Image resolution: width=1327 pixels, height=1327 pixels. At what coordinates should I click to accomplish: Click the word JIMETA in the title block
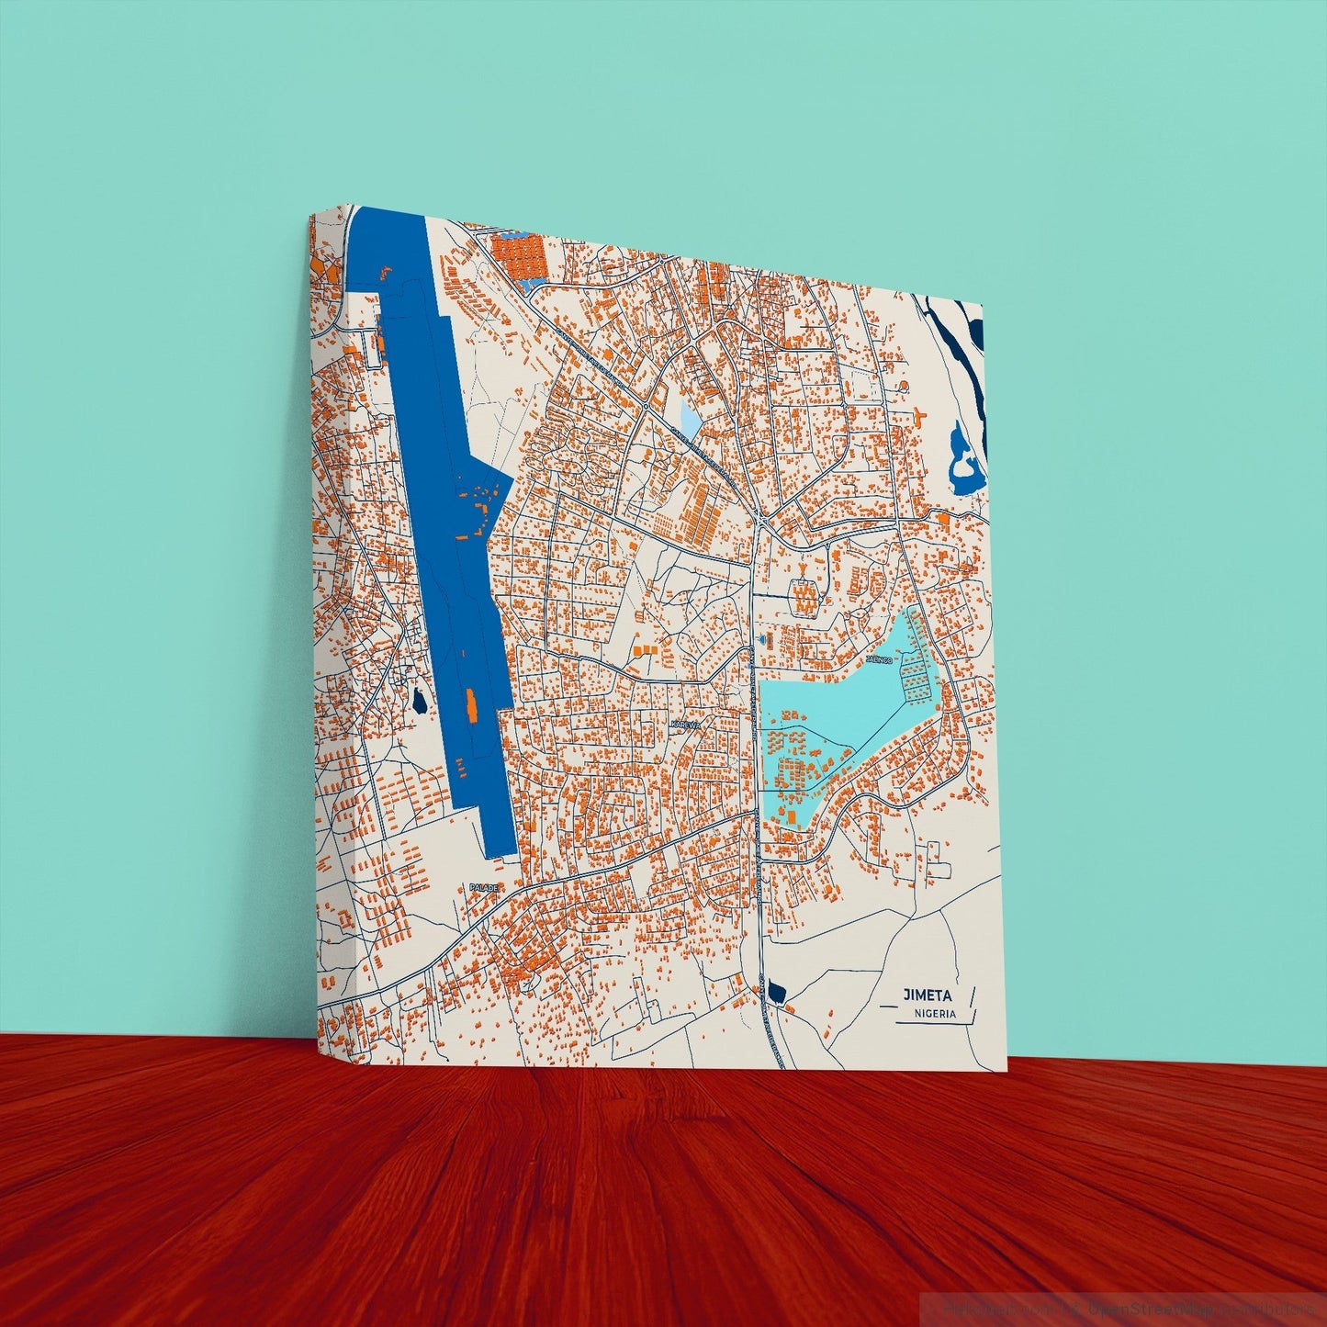(927, 995)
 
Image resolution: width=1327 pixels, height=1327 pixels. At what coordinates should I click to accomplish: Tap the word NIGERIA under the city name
(935, 1014)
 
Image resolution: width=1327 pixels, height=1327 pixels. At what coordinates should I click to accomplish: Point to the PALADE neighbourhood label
(484, 887)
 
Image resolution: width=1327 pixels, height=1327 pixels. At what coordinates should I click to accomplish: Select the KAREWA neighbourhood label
(685, 725)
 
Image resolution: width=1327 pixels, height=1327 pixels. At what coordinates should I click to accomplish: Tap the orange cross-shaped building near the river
(918, 414)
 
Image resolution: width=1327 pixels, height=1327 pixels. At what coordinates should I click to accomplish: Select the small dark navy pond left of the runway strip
(419, 703)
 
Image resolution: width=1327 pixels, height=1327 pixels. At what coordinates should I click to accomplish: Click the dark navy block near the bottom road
(777, 992)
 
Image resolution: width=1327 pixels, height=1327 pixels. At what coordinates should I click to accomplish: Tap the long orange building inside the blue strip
(472, 705)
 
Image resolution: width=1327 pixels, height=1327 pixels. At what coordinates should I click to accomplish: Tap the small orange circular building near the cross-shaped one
(903, 386)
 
